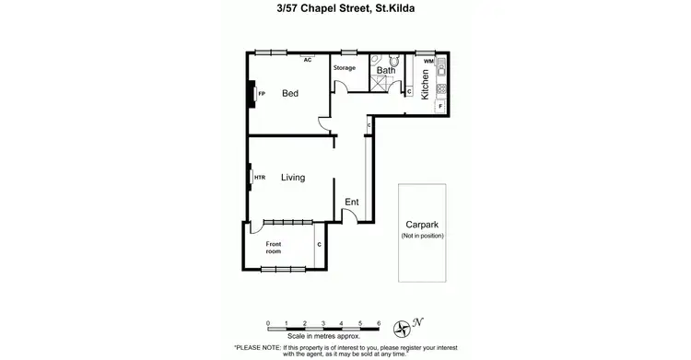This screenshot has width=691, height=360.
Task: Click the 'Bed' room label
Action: click(290, 93)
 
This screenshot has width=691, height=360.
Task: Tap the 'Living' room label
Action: click(293, 178)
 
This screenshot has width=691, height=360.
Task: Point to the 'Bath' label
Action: click(386, 70)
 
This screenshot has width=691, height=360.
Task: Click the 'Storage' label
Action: click(344, 67)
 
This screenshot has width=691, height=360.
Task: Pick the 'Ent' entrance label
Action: click(351, 202)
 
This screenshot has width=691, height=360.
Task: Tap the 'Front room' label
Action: click(274, 247)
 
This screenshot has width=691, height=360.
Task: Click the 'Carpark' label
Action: click(423, 224)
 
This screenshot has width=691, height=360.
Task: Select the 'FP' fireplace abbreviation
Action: click(262, 93)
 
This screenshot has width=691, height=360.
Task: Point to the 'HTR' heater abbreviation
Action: click(260, 178)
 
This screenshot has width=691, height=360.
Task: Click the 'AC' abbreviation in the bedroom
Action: click(308, 59)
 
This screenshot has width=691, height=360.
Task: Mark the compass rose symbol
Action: click(403, 328)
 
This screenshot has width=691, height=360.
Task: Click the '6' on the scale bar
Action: click(379, 323)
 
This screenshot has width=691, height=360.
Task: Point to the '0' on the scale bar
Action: click(267, 323)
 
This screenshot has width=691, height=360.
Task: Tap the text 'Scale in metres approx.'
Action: click(323, 338)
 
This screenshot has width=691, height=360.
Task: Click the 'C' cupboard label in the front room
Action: click(319, 244)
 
